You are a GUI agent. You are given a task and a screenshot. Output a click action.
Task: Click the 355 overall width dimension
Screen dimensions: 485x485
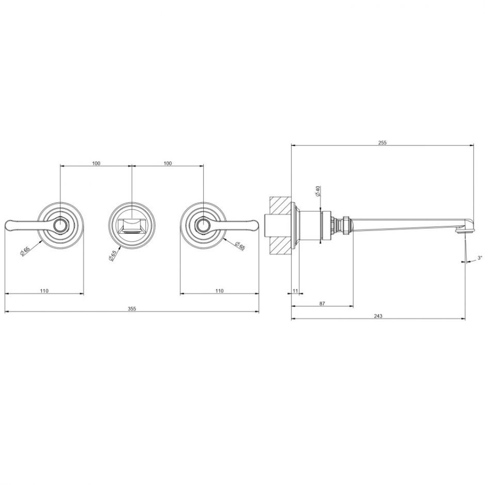(132, 309)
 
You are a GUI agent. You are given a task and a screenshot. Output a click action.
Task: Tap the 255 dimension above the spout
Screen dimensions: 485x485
(382, 142)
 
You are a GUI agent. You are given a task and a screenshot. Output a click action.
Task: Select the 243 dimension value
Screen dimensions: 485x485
(378, 316)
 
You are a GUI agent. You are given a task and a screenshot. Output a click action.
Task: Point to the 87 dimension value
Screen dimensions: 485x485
(322, 303)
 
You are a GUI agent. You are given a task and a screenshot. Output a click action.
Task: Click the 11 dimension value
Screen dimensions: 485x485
(295, 291)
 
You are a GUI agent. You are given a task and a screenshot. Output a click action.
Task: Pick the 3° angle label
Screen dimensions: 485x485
(480, 257)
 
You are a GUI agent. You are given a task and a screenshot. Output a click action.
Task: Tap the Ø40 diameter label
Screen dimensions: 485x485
(318, 191)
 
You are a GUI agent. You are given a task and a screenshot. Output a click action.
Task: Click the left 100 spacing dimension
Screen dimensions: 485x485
(96, 164)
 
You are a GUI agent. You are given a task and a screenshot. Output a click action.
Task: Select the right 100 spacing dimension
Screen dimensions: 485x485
(167, 164)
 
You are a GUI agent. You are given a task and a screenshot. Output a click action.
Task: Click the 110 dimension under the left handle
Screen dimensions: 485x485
(44, 291)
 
